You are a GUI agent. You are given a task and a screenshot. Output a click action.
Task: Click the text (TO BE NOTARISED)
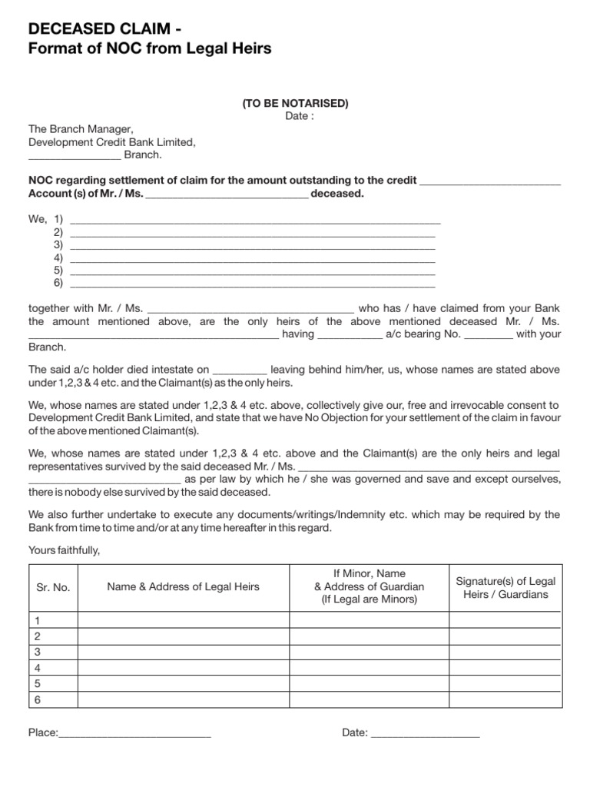point(295,103)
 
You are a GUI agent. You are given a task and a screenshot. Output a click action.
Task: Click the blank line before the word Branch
point(74,156)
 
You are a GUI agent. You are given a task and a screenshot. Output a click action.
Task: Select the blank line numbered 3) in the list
point(252,246)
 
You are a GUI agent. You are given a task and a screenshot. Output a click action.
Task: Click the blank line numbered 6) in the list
point(252,284)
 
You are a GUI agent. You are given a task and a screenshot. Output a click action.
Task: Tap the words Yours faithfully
point(65,550)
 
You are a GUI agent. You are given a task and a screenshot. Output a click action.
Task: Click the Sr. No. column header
point(53,587)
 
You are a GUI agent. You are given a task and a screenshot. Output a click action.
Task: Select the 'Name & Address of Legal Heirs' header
point(183,587)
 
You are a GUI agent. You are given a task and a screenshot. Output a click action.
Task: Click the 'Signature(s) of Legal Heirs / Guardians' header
point(505,587)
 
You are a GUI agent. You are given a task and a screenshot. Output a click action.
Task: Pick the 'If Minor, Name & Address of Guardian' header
point(369,586)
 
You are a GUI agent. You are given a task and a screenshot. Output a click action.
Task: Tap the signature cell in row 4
point(505,667)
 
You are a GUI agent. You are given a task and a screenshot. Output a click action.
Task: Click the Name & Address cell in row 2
point(183,636)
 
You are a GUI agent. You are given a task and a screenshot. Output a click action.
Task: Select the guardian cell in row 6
point(369,699)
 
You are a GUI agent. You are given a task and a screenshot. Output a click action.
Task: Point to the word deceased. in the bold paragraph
point(337,194)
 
